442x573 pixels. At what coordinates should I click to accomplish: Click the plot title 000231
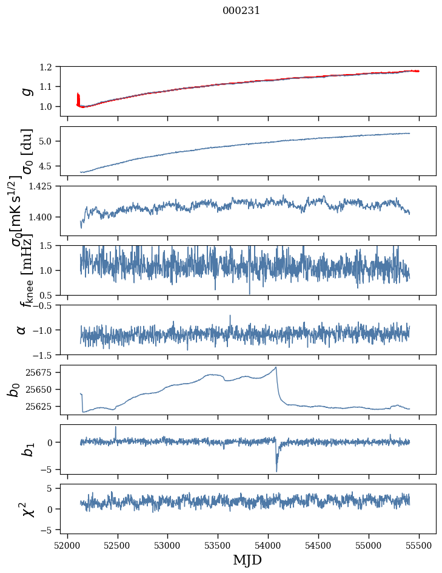[241, 10]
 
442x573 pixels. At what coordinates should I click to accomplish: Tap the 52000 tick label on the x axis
[67, 544]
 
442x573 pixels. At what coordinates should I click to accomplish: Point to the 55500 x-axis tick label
[420, 544]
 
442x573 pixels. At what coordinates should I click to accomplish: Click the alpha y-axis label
[21, 329]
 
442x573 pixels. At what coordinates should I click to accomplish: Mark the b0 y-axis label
[14, 389]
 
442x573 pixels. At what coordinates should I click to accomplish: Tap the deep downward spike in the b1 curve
[276, 470]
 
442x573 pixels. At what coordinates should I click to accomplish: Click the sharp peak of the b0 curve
[276, 367]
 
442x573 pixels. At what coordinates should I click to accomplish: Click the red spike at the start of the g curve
[78, 97]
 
